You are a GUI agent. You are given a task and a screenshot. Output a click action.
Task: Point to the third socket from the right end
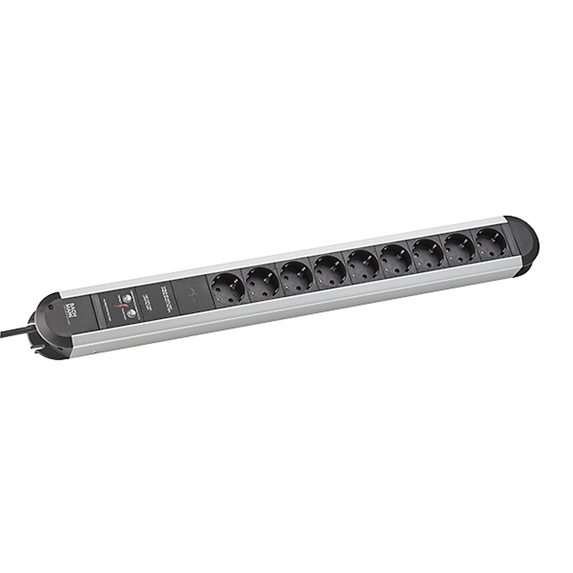point(427,249)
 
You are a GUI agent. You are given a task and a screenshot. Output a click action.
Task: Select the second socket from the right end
point(459,243)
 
